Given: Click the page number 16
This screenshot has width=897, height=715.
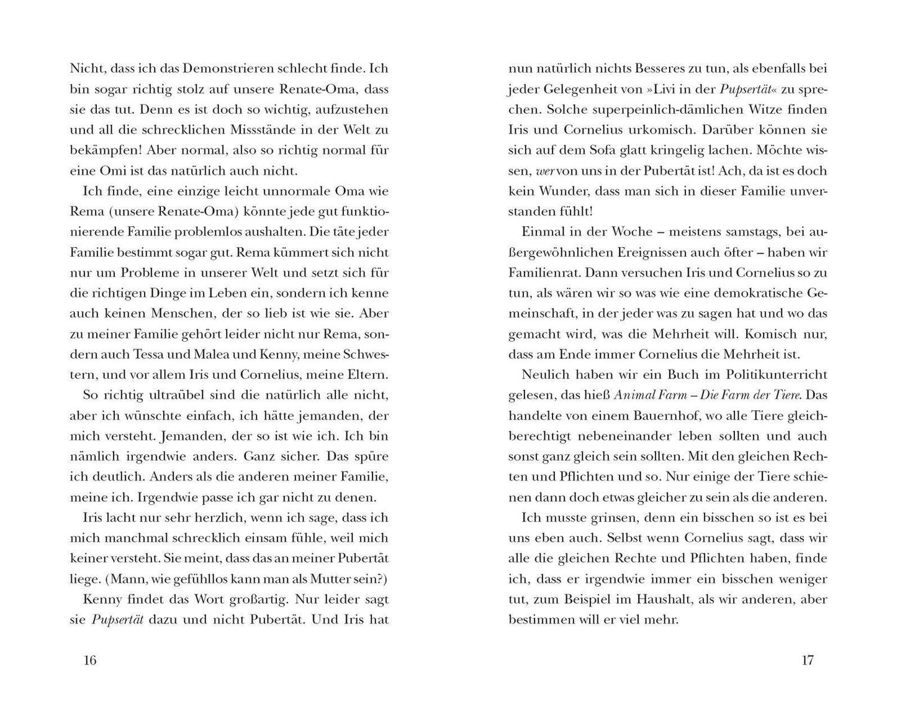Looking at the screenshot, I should click(x=90, y=660).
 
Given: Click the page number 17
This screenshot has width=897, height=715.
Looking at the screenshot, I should click(x=806, y=660).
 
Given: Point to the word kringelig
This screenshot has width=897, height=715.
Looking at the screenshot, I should click(x=706, y=150).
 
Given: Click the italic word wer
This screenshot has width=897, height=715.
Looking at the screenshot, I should click(x=544, y=171).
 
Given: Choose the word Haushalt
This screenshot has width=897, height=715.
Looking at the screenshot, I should click(x=670, y=599).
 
